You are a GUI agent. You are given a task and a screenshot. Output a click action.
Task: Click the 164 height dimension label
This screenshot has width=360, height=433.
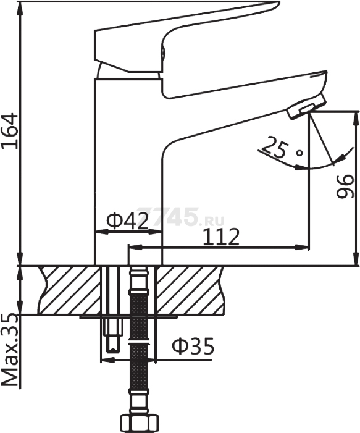coord(10,131)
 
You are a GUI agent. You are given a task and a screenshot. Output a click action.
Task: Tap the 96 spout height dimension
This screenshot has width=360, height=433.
coord(345,186)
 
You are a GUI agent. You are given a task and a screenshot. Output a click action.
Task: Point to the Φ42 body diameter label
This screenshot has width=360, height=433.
coord(127,221)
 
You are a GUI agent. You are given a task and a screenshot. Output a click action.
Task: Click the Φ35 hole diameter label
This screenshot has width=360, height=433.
coord(193,346)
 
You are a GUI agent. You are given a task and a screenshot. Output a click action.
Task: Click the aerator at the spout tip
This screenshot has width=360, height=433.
coord(306,106)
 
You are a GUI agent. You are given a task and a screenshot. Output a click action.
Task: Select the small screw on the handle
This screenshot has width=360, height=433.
coord(163,52)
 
